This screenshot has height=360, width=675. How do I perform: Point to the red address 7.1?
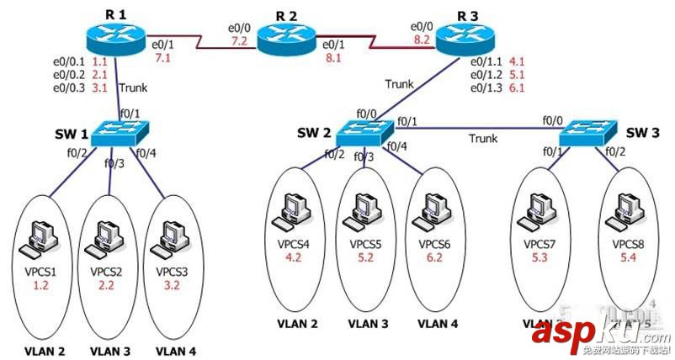click(x=162, y=57)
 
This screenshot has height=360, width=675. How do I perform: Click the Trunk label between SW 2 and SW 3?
click(x=483, y=138)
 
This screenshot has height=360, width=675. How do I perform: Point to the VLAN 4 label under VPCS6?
click(x=439, y=323)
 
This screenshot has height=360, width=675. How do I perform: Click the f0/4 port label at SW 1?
click(x=146, y=152)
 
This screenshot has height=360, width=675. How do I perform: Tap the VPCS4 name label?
click(x=294, y=244)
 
